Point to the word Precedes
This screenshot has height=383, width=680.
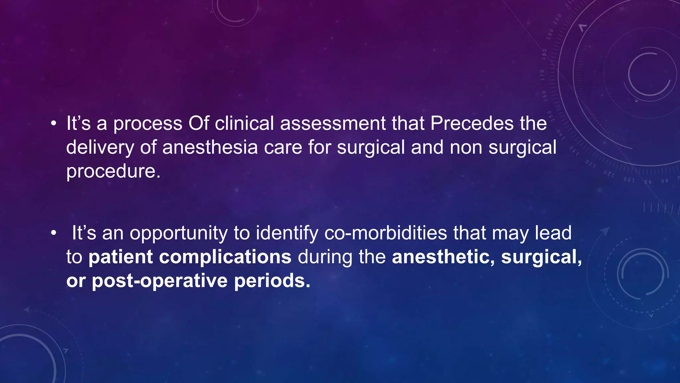click(472, 123)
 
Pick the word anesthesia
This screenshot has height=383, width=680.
click(210, 147)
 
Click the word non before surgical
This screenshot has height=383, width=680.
click(466, 147)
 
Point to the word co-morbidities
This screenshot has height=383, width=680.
click(385, 233)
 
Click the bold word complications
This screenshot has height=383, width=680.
click(225, 257)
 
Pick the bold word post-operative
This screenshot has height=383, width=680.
click(160, 281)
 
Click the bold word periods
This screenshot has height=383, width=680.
click(272, 281)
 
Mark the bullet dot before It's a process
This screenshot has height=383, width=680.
click(53, 124)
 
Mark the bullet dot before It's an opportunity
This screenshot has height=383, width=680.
click(53, 233)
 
